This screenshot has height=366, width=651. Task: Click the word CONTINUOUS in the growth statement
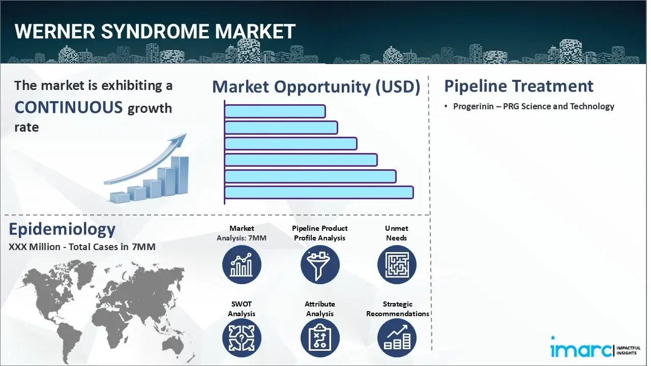[69, 107]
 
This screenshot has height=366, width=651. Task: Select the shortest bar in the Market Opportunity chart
[275, 111]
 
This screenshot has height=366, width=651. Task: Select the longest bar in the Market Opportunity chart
[319, 192]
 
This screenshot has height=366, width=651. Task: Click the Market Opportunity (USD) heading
[316, 87]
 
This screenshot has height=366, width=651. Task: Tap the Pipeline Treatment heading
[518, 86]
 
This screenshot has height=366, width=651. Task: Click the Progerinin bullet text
[534, 106]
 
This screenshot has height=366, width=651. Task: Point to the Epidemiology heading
[62, 229]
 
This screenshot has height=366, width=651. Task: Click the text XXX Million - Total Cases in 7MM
[82, 247]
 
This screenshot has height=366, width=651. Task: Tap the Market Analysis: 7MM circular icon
[242, 265]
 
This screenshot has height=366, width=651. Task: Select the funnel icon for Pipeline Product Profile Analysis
[319, 265]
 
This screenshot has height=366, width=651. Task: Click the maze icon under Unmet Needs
[396, 265]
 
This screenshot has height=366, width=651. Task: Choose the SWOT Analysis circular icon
[242, 338]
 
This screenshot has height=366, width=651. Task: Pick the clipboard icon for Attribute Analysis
[319, 338]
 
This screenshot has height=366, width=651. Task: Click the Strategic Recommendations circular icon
[396, 338]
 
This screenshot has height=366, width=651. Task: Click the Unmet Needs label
[396, 233]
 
